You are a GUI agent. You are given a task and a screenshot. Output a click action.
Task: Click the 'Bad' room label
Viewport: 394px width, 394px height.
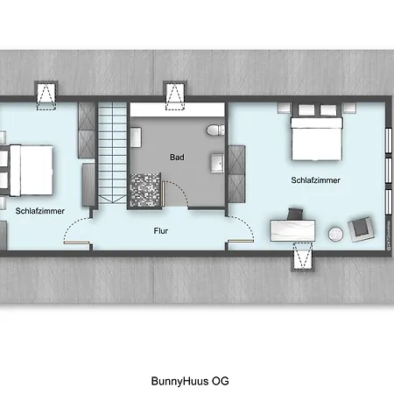pyautogui.click(x=177, y=158)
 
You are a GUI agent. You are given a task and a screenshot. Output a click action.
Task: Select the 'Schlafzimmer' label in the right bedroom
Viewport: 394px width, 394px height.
pyautogui.click(x=316, y=180)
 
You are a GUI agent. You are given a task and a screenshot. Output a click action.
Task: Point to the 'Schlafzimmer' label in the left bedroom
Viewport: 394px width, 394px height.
pyautogui.click(x=39, y=210)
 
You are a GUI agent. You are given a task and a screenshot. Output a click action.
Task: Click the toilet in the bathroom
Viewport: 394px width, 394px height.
pyautogui.click(x=211, y=131)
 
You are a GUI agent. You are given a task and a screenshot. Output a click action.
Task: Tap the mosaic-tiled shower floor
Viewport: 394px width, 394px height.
pyautogui.click(x=146, y=188)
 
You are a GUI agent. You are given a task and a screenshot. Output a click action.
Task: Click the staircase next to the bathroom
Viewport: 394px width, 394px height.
pyautogui.click(x=111, y=153)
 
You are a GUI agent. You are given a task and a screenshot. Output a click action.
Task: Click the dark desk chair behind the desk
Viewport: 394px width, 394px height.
pyautogui.click(x=295, y=213)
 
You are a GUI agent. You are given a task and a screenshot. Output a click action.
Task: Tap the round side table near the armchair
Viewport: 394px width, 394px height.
pyautogui.click(x=336, y=234)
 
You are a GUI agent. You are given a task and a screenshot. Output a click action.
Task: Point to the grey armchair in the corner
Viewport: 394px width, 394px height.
pyautogui.click(x=360, y=229)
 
